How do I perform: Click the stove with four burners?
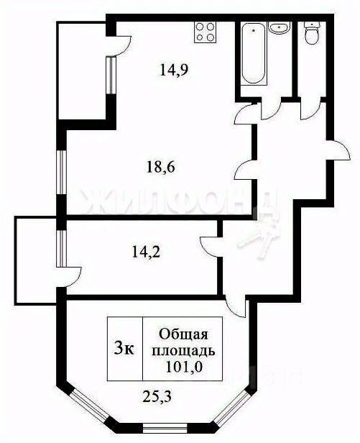pos(206,32)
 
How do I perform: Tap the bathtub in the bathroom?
pos(253,53)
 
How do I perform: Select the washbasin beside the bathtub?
pos(280,27)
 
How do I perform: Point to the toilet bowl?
pos(312,33)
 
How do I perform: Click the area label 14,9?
pos(174,70)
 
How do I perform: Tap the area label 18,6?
pos(161,168)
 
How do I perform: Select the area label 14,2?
pos(146,252)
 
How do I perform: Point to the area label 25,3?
pos(157,397)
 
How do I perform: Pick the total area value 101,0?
pos(184,367)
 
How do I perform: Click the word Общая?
pos(183,334)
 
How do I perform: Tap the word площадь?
pos(183,351)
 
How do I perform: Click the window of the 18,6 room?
pos(61,172)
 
